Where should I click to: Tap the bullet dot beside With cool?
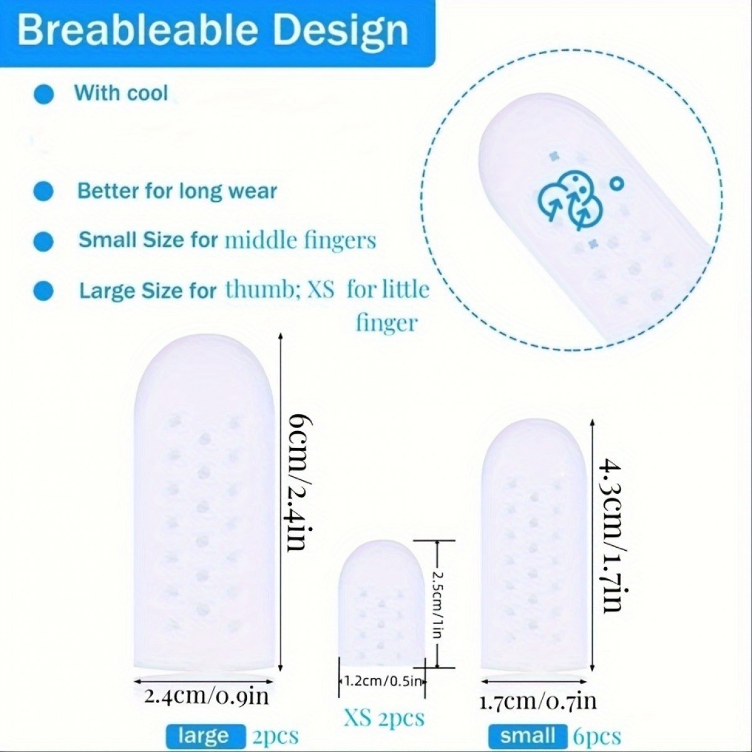pyautogui.click(x=44, y=94)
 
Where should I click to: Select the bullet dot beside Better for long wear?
pyautogui.click(x=43, y=192)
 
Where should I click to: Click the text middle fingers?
pyautogui.click(x=301, y=241)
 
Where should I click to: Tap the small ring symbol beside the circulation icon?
pyautogui.click(x=616, y=183)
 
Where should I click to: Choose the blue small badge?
pyautogui.click(x=528, y=736)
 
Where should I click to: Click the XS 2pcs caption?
pyautogui.click(x=384, y=718)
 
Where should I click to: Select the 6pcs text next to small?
pyautogui.click(x=597, y=736)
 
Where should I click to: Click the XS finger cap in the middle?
pyautogui.click(x=381, y=602)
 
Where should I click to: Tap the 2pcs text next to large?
pyautogui.click(x=276, y=736)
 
